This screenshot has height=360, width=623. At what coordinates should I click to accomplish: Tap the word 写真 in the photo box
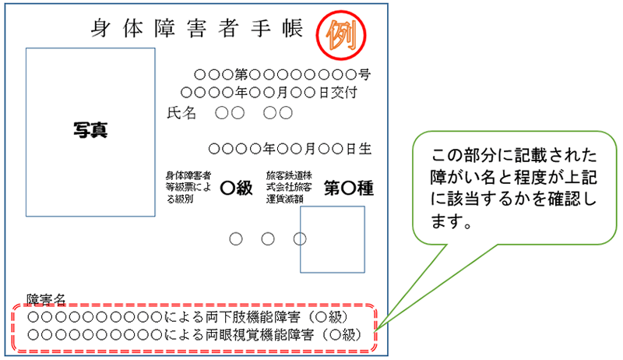tap(91, 130)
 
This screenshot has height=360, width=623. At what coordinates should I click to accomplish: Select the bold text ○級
tap(237, 187)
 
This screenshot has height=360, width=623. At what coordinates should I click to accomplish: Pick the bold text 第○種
tap(349, 187)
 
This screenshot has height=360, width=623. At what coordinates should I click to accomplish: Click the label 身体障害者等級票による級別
tap(188, 187)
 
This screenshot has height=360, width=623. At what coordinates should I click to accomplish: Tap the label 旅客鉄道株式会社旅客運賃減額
tap(289, 187)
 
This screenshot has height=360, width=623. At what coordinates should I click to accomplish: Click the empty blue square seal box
tap(332, 239)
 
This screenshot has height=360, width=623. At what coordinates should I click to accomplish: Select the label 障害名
tap(48, 300)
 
